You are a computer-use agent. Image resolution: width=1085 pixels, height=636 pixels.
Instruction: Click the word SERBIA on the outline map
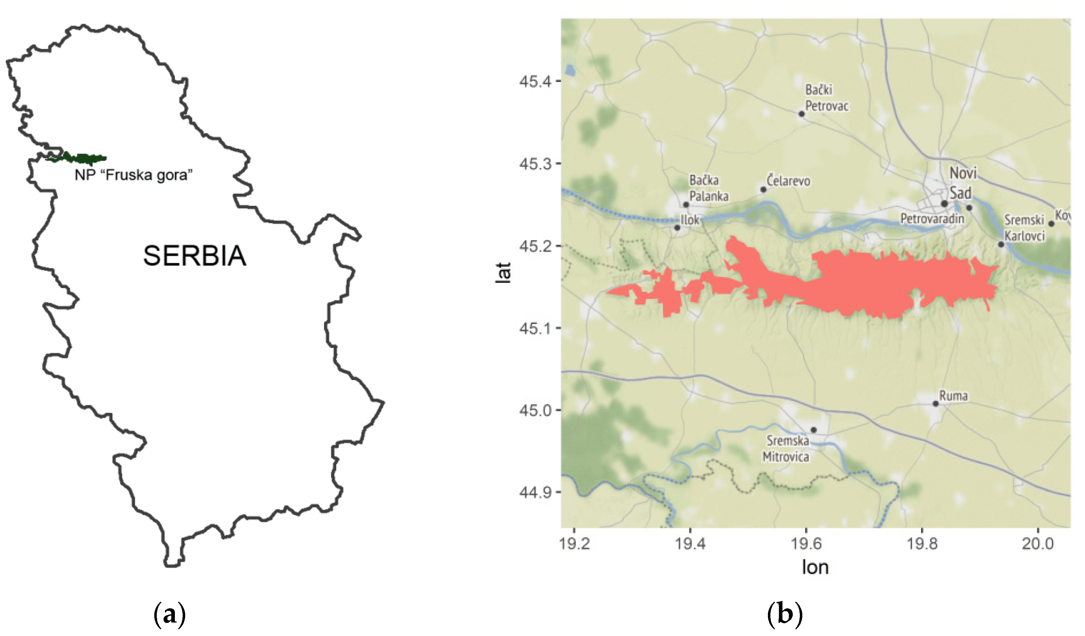(195, 256)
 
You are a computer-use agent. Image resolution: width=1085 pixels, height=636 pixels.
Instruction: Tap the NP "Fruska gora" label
(133, 175)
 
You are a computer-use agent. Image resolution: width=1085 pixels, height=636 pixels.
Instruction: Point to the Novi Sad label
(963, 183)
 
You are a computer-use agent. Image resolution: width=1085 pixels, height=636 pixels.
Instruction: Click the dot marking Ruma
(936, 403)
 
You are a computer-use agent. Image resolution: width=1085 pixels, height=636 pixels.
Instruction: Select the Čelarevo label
(788, 181)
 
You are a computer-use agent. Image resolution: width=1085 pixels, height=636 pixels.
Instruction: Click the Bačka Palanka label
(708, 188)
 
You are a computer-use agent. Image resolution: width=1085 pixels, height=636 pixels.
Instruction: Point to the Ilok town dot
(677, 228)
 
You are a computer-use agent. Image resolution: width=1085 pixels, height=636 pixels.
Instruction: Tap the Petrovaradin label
(932, 219)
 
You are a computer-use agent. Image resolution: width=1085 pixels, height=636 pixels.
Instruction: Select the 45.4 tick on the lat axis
(535, 81)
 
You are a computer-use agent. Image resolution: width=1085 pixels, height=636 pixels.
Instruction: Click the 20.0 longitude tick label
(1037, 544)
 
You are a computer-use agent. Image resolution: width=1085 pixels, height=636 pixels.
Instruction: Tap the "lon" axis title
(815, 567)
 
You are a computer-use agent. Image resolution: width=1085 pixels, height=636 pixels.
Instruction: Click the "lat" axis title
(503, 272)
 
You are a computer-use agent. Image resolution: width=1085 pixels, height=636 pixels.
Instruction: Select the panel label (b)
(785, 614)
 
